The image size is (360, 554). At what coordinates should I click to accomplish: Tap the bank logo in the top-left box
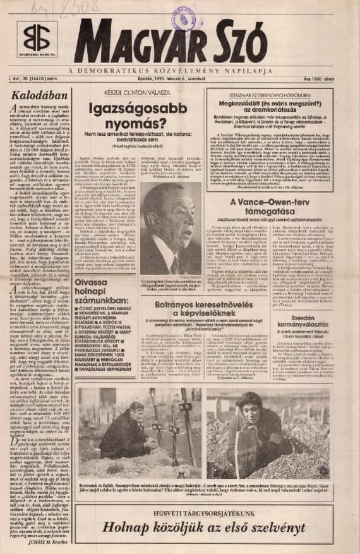click(x=37, y=39)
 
